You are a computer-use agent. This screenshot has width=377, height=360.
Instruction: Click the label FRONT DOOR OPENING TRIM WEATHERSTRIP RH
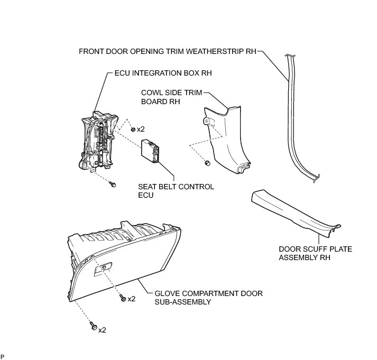pyautogui.click(x=167, y=51)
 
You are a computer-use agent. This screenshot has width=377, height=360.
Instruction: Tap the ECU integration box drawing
pyautogui.click(x=98, y=140)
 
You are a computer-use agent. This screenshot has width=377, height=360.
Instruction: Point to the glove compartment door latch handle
pyautogui.click(x=102, y=269)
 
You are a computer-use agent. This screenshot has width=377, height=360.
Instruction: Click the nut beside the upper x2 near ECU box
pyautogui.click(x=132, y=129)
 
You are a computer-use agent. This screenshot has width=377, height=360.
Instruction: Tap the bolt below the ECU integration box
pyautogui.click(x=112, y=184)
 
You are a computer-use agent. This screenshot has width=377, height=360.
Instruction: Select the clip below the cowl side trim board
pyautogui.click(x=207, y=162)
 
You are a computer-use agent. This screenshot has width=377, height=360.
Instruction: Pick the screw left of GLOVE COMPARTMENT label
pyautogui.click(x=122, y=299)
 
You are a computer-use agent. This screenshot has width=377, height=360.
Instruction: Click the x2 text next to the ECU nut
pyautogui.click(x=141, y=129)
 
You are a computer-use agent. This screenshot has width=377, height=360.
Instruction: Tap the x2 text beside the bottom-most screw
pyautogui.click(x=102, y=329)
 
